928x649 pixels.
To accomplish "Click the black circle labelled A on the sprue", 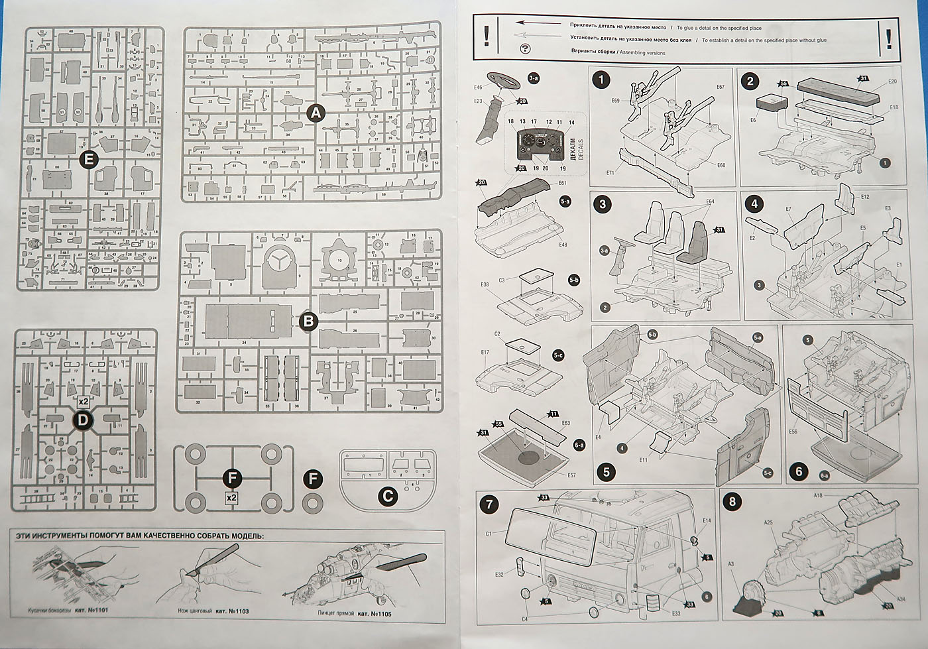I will coord(316,113).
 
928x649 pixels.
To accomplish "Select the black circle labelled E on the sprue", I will coord(87,159).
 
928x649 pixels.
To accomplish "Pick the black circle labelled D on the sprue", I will coord(84,419).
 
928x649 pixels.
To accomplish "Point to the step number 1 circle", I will coord(601,81).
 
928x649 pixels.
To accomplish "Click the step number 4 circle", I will coord(756,204).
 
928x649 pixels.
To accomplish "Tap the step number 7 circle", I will coord(489,503).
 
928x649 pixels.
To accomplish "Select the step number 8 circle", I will coord(732,502).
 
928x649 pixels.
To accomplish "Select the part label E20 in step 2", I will coord(892,81).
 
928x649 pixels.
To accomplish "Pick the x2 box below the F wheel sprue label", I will coord(231,497).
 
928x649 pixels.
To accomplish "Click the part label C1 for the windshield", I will coord(489,534).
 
